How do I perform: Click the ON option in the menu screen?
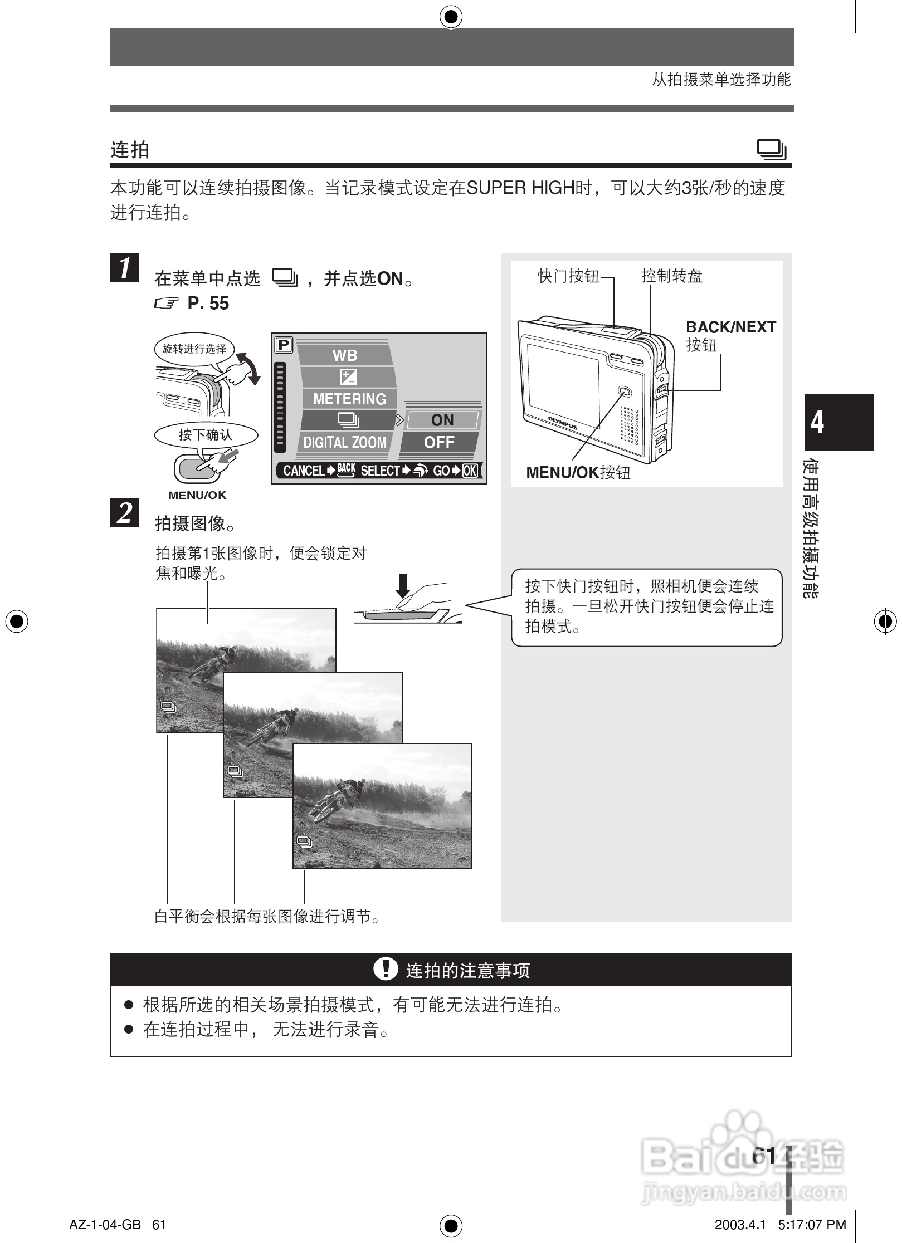click(442, 420)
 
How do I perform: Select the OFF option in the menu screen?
click(440, 442)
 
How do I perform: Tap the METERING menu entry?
click(349, 399)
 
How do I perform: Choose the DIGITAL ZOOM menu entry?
click(345, 442)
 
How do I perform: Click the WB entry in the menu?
click(344, 355)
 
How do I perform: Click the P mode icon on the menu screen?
click(284, 345)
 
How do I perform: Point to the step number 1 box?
click(124, 268)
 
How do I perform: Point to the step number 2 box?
click(124, 513)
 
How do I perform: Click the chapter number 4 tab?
click(838, 422)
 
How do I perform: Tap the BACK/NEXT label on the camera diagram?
click(730, 327)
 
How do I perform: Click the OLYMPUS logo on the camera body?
click(563, 423)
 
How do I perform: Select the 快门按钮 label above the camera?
click(568, 276)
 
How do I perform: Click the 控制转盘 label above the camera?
click(672, 276)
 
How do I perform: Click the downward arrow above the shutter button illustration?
click(402, 585)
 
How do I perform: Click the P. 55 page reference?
click(208, 304)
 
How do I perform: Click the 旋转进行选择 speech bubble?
click(194, 349)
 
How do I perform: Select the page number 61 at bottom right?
click(763, 1156)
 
